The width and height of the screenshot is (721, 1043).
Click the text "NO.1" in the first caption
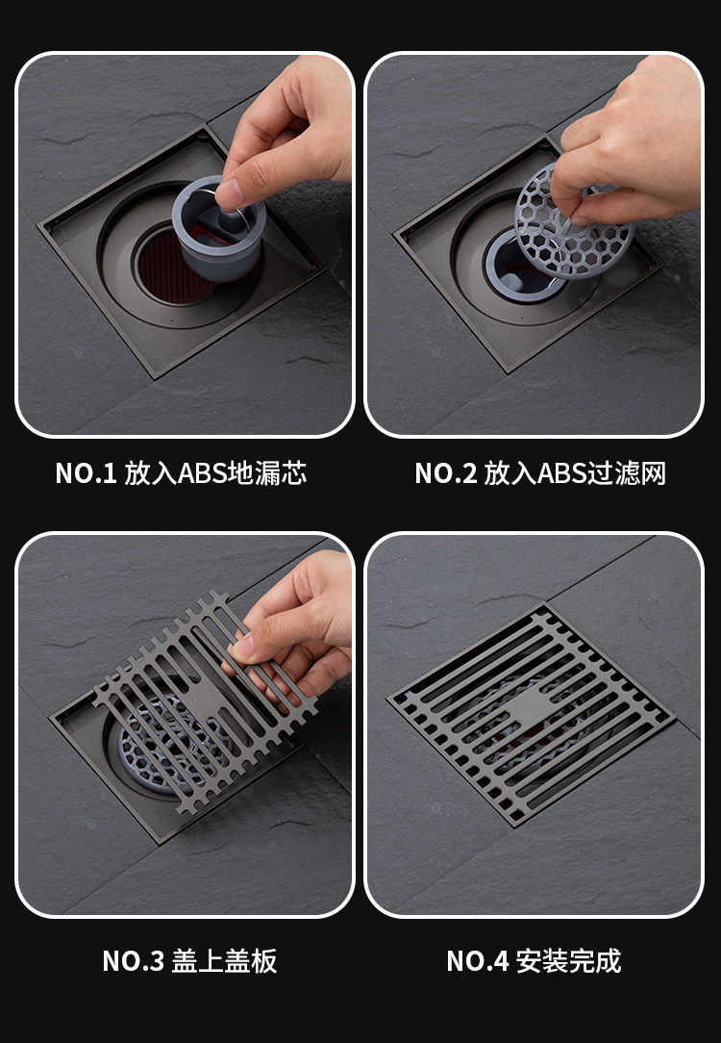click(x=86, y=473)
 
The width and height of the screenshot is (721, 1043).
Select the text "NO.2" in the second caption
click(x=446, y=473)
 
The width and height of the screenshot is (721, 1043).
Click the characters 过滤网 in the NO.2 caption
click(x=626, y=473)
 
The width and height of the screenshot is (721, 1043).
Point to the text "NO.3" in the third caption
click(x=133, y=961)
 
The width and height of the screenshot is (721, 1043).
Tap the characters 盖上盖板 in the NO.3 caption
click(x=224, y=961)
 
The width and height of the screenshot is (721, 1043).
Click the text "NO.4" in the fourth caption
click(x=478, y=961)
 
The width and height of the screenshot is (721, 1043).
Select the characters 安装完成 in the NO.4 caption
click(x=569, y=961)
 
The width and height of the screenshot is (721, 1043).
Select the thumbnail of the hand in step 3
click(x=242, y=648)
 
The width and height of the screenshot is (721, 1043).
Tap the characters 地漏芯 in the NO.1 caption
click(x=267, y=473)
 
